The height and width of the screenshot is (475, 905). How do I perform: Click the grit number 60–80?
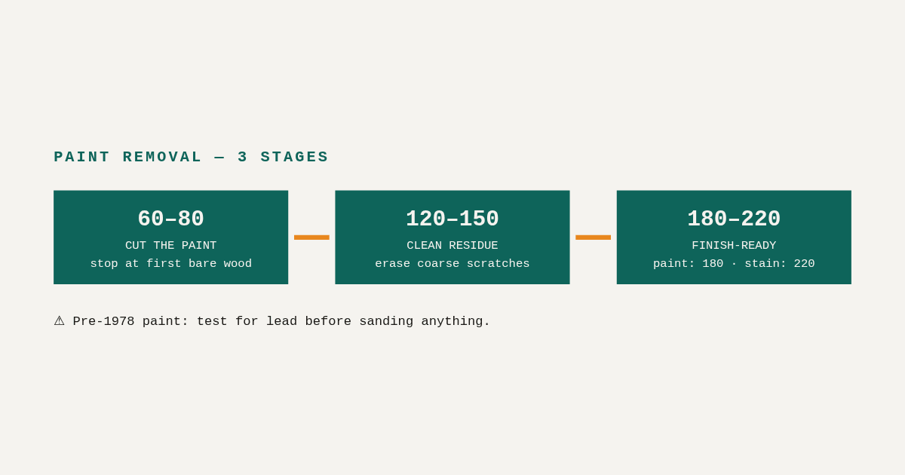[171, 219]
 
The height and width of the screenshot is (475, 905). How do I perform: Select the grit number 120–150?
[452, 219]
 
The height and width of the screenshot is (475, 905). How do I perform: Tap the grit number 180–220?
[734, 219]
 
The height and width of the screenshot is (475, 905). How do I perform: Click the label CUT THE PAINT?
[171, 246]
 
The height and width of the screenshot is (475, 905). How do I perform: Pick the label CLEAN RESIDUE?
[452, 246]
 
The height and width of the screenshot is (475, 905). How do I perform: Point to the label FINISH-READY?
[734, 246]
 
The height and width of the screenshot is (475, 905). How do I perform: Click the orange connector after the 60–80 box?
[311, 237]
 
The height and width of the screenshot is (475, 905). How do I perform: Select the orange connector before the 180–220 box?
[593, 237]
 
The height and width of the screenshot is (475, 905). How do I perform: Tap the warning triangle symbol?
[59, 321]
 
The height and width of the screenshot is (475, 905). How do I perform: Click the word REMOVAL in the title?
[162, 157]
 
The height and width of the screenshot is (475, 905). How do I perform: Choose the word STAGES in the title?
[294, 157]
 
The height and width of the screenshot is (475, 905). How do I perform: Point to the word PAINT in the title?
[81, 157]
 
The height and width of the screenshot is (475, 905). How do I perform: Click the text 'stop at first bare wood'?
[171, 264]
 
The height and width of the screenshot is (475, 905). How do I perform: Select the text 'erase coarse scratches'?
[452, 264]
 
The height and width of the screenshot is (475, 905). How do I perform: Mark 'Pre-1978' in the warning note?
[103, 321]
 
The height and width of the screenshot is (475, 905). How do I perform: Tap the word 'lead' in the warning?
[281, 321]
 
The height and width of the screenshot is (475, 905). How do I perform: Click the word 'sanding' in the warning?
[386, 321]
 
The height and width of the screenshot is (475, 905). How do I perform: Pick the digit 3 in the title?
[242, 157]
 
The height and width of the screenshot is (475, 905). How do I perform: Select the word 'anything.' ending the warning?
[456, 321]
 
